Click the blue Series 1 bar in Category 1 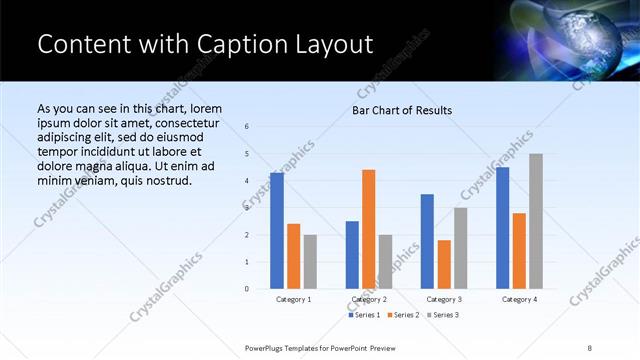pyautogui.click(x=277, y=231)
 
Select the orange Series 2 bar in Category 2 pyautogui.click(x=368, y=229)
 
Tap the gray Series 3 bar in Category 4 pyautogui.click(x=536, y=221)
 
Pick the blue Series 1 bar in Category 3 pyautogui.click(x=427, y=241)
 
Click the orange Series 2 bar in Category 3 pyautogui.click(x=444, y=264)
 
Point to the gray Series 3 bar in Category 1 pyautogui.click(x=310, y=262)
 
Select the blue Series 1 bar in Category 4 pyautogui.click(x=503, y=228)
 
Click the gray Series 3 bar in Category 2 pyautogui.click(x=385, y=262)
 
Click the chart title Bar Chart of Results pyautogui.click(x=402, y=110)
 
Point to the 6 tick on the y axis pyautogui.click(x=247, y=126)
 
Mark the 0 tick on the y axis pyautogui.click(x=247, y=289)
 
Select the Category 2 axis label pyautogui.click(x=369, y=299)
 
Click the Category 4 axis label pyautogui.click(x=519, y=299)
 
